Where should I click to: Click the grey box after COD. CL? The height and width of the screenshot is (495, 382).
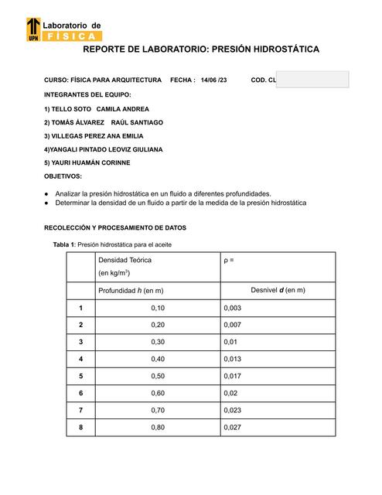click(312, 80)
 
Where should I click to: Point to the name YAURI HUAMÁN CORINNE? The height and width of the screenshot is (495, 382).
click(87, 162)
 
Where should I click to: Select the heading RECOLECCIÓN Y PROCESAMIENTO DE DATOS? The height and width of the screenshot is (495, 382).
click(114, 228)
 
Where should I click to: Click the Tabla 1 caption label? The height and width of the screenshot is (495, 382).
click(64, 244)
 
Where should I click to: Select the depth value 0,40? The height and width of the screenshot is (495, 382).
click(158, 359)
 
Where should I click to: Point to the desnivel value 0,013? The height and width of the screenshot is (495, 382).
click(232, 359)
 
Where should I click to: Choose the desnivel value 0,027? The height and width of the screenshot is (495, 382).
click(232, 427)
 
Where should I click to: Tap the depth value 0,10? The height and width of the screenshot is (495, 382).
click(158, 308)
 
